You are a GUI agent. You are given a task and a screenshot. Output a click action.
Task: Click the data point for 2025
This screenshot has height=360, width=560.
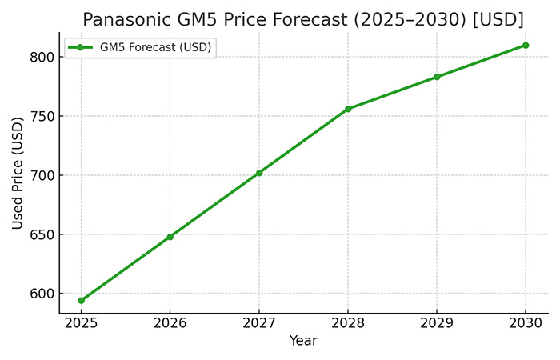coord(82,300)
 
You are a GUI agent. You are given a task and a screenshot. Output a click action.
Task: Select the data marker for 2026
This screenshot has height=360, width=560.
coord(170,237)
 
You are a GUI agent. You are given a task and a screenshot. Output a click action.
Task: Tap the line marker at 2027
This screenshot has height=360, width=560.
coord(259,173)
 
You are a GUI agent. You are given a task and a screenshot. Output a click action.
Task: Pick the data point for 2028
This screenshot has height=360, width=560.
coord(348,109)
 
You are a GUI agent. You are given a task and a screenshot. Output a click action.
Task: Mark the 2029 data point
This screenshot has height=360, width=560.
coord(437,77)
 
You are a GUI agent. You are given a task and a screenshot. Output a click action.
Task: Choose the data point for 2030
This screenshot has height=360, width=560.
coord(526,45)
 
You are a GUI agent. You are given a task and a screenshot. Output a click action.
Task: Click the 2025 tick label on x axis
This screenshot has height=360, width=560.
coord(82,324)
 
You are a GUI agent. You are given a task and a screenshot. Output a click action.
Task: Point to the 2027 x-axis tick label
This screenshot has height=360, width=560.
coord(259,324)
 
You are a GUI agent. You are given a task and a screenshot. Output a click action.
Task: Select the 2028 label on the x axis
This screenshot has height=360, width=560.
coord(348,324)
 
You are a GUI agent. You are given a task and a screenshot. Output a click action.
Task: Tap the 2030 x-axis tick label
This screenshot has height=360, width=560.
coord(526,324)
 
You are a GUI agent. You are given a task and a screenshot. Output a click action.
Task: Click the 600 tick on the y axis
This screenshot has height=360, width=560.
coord(43,294)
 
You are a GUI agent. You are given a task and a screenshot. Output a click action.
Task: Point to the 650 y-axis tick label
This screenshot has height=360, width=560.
coord(43,234)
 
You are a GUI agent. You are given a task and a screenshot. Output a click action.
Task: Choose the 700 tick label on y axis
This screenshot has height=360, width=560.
coord(43,175)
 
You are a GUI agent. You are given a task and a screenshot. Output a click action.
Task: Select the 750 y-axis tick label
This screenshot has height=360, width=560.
coord(43,116)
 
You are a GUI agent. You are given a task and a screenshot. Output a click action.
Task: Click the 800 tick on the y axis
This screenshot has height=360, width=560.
coord(43,57)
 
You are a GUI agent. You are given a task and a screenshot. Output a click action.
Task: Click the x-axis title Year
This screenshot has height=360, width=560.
coord(303,341)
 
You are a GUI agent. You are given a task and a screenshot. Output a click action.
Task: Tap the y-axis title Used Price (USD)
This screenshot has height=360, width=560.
coord(18,172)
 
